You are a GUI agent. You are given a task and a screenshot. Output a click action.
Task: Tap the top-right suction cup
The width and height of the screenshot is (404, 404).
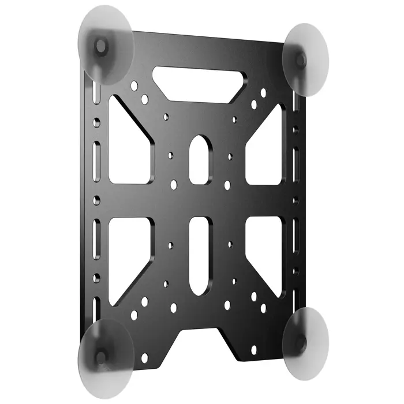[x=306, y=58]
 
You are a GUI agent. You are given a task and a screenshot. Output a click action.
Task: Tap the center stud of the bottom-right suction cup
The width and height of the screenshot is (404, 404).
[x=300, y=341]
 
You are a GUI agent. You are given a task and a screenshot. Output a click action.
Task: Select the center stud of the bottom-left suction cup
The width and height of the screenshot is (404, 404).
[x=101, y=357]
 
